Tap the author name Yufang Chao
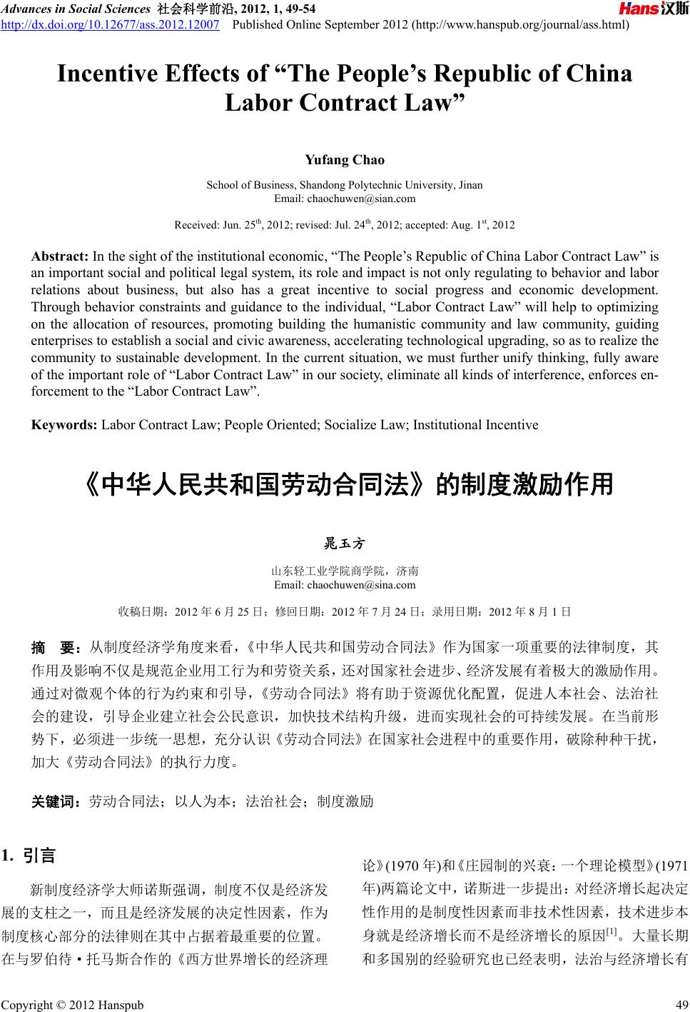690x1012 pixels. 345,159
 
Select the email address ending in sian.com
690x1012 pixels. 345,198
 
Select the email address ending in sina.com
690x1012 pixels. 345,585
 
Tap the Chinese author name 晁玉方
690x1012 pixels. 345,544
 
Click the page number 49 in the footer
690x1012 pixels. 679,1005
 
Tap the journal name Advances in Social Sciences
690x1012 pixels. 76,9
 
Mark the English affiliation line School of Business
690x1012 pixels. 345,185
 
